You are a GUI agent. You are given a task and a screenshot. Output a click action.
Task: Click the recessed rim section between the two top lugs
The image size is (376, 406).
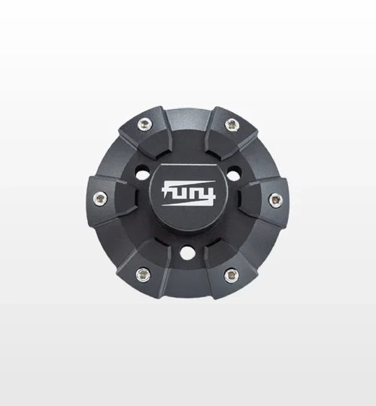click(188, 113)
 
